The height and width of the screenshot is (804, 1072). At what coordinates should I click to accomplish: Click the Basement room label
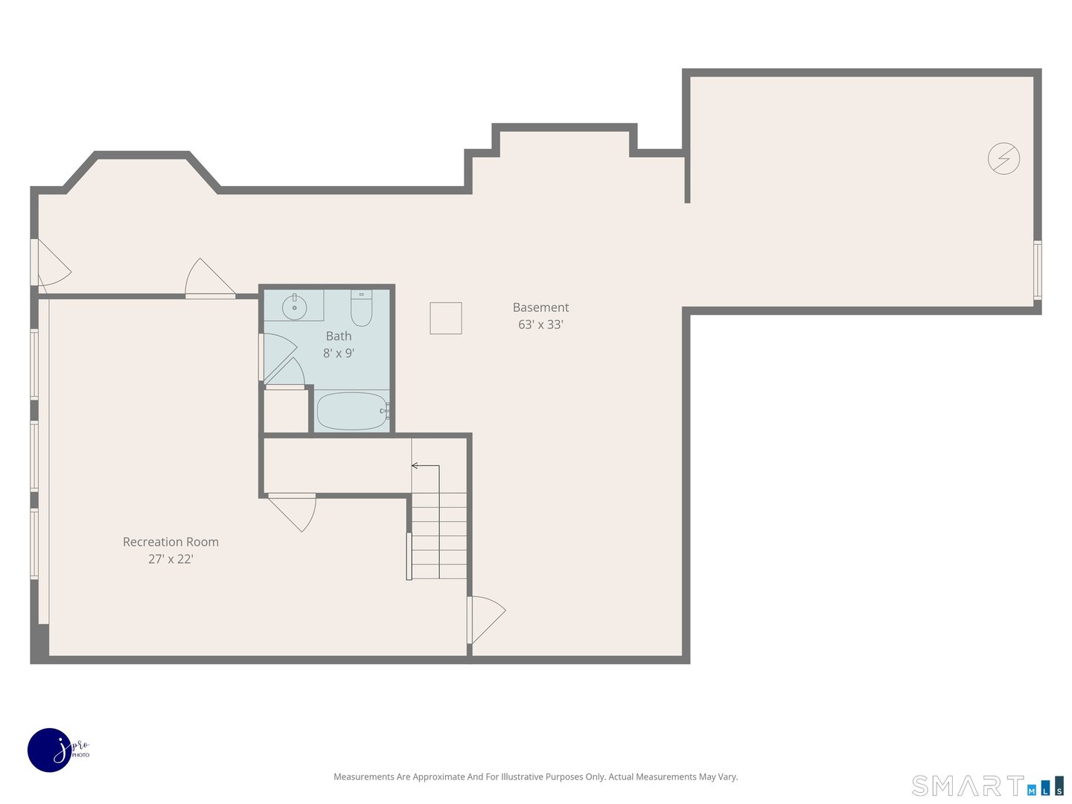tap(540, 307)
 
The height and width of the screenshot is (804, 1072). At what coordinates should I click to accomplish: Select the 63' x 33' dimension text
tap(540, 325)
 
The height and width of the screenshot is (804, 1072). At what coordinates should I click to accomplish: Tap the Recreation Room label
tap(170, 542)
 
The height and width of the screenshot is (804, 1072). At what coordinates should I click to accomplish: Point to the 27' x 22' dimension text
tap(170, 559)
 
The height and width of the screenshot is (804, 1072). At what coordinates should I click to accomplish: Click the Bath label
tap(339, 336)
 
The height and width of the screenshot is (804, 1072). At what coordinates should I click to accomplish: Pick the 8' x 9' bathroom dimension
tap(339, 354)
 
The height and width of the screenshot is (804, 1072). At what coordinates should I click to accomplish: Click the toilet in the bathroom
tap(361, 309)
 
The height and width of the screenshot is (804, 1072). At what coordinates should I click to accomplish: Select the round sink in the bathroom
tap(294, 307)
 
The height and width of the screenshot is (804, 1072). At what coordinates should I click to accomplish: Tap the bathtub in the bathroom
tap(351, 411)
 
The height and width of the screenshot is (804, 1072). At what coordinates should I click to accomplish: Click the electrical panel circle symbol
tap(1004, 159)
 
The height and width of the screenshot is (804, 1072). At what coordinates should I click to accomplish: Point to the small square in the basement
tap(446, 318)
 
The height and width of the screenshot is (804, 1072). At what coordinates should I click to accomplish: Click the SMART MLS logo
tap(987, 785)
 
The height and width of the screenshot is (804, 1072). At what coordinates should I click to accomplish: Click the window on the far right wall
tap(1037, 269)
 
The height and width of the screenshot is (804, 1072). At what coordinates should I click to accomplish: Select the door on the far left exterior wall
tap(49, 265)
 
